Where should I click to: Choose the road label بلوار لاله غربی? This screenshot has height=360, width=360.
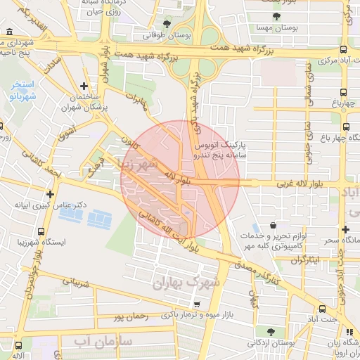pyautogui.click(x=284, y=184)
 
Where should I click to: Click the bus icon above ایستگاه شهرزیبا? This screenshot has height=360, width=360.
pyautogui.click(x=41, y=231)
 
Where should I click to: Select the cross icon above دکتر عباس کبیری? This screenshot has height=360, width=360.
pyautogui.click(x=50, y=194)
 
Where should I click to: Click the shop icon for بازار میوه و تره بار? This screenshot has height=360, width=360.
pyautogui.click(x=197, y=304)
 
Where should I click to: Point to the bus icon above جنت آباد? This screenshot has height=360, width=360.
pyautogui.click(x=323, y=309)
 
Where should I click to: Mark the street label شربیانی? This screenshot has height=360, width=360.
pyautogui.click(x=77, y=283)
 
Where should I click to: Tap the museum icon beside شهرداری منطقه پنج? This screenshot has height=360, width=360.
pyautogui.click(x=8, y=32)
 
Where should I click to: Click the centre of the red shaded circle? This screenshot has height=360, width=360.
pyautogui.click(x=180, y=180)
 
